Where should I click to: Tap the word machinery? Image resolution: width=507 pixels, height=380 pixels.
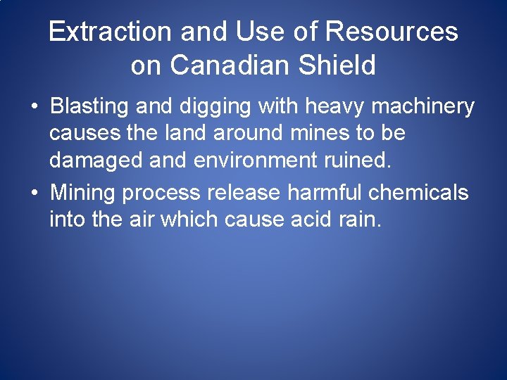(x=418, y=108)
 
